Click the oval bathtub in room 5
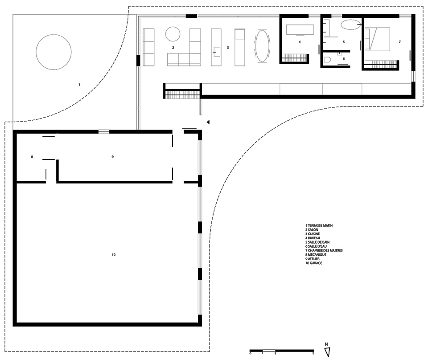point(350,25)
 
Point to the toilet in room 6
point(327,59)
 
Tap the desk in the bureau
point(300,29)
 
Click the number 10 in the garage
point(114,255)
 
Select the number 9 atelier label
point(112,157)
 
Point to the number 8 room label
point(32,157)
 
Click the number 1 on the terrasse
point(79,85)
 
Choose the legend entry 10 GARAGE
point(313,263)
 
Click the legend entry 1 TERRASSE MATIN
point(319,225)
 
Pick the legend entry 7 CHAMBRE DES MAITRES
point(324,250)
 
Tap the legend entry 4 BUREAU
point(313,238)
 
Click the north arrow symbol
point(328,352)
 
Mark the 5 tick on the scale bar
point(313,353)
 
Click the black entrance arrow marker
point(208,122)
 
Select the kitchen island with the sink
point(216,47)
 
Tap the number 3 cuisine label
point(228,48)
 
